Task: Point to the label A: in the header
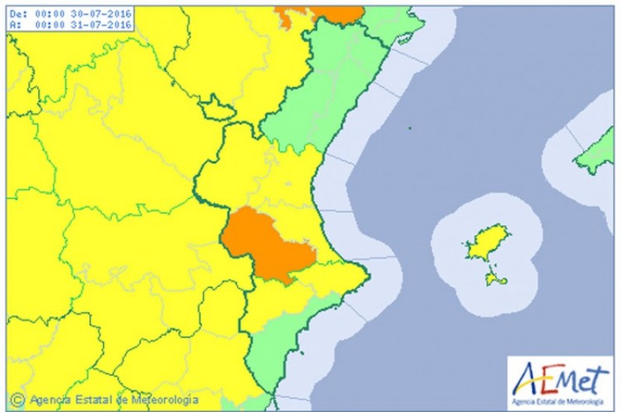point(14,24)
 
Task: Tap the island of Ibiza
point(487,243)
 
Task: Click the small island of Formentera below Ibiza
point(491,278)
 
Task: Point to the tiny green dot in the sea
point(410,128)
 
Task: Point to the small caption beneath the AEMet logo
point(558,400)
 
